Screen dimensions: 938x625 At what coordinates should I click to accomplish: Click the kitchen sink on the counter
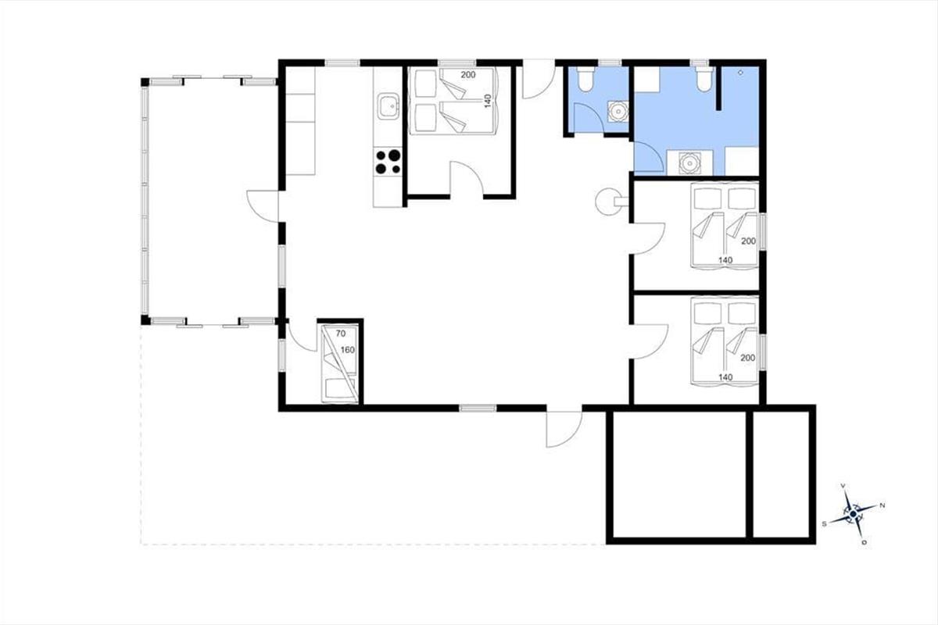(388, 106)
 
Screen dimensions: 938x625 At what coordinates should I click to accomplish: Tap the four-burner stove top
(388, 162)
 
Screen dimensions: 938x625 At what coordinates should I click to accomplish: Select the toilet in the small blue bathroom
(584, 80)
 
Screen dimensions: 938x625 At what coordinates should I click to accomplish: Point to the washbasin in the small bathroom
(618, 112)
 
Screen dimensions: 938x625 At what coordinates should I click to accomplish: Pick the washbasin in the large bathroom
(689, 162)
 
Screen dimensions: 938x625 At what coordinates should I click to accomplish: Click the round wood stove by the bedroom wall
(607, 202)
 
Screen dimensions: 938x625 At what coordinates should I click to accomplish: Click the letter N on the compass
(883, 505)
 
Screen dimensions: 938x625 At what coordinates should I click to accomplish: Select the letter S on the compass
(824, 524)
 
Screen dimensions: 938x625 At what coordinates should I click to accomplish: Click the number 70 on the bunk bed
(341, 334)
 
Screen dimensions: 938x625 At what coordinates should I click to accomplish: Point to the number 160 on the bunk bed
(348, 350)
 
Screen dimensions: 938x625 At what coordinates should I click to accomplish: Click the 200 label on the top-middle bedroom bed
(468, 75)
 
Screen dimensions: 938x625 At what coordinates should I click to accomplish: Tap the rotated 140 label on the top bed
(488, 101)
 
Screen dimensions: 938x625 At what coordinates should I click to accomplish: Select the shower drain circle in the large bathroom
(740, 73)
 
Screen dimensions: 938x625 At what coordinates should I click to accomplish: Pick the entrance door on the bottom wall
(564, 430)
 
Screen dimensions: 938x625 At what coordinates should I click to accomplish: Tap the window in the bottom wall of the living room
(478, 408)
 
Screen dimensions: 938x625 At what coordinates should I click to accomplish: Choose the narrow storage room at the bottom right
(781, 474)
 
